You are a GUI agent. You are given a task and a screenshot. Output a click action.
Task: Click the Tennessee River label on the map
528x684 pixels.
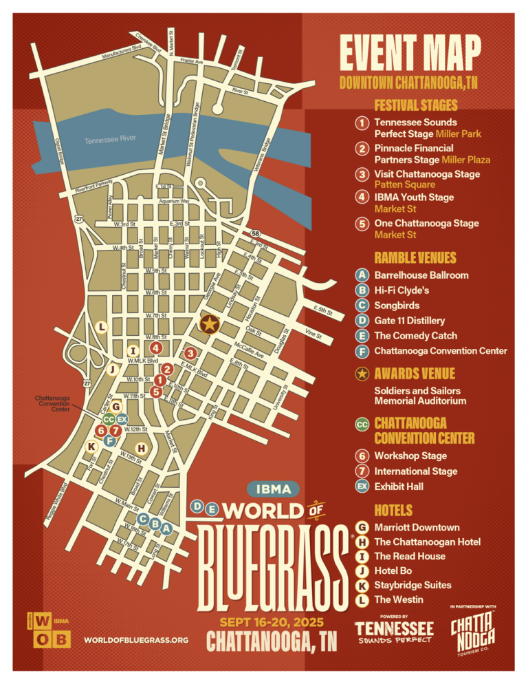coord(110,140)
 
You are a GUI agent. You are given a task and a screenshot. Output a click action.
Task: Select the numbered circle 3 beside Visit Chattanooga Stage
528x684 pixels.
coord(361,175)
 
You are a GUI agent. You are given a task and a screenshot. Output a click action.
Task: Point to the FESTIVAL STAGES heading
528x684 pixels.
coord(416,105)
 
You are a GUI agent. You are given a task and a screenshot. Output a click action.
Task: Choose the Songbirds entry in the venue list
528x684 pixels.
coord(397,305)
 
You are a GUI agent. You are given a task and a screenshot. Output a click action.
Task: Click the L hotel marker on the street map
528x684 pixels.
coord(102,325)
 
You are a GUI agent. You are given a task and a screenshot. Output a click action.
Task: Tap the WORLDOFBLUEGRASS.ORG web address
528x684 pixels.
coord(136,640)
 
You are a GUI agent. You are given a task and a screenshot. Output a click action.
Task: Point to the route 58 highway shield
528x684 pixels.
coord(255,234)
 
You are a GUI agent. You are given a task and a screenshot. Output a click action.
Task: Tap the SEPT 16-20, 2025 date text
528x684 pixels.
coord(273,622)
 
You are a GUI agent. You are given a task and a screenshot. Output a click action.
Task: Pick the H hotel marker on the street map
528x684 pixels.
coord(141,449)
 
